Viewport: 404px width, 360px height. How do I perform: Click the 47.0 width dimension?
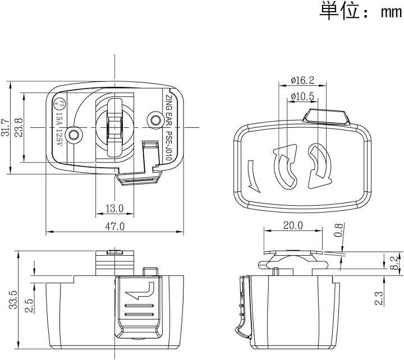coord(115,227)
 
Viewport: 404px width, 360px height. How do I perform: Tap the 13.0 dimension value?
coord(114,209)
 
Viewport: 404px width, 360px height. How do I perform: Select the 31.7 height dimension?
coord(6,127)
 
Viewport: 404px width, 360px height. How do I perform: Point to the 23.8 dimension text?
coord(19,127)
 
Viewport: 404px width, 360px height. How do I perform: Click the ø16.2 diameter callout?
coord(302,80)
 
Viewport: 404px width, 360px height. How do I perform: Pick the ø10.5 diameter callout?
coord(303,96)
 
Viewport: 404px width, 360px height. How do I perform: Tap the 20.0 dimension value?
coord(292,225)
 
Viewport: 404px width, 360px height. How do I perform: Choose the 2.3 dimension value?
coord(380,298)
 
